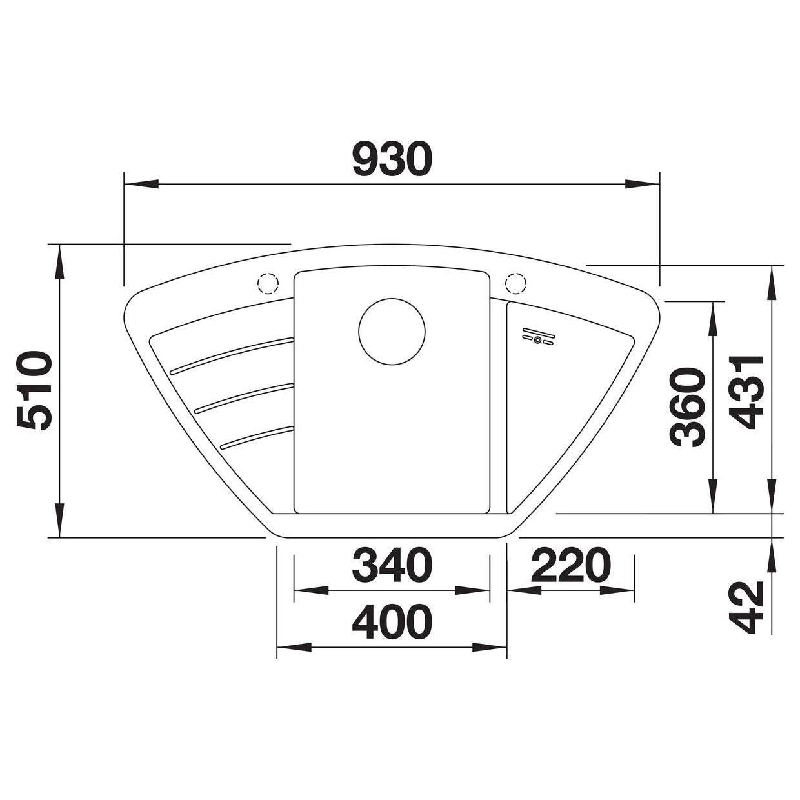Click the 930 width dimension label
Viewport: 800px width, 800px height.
pos(392,159)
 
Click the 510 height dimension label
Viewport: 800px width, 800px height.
pos(34,391)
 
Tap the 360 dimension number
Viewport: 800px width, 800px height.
pos(688,407)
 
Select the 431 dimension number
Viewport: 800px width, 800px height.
pos(746,393)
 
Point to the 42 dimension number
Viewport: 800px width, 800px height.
pos(746,607)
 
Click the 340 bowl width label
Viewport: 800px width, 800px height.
pos(392,565)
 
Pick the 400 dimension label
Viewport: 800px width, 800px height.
pos(392,622)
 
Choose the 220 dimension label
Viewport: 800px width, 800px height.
pos(570,565)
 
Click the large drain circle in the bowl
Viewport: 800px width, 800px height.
pos(392,332)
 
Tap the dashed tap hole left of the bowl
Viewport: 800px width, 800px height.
pos(268,284)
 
